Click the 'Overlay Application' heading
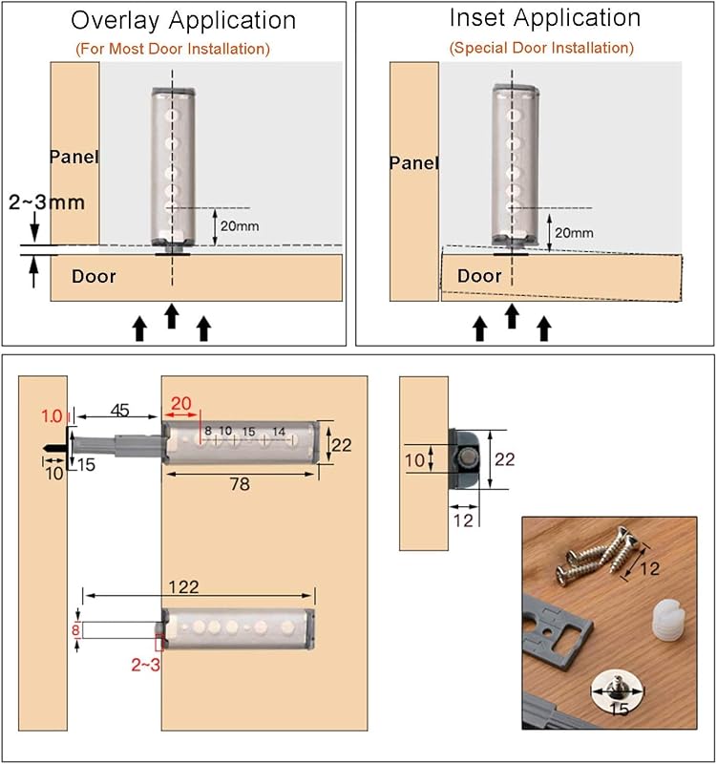pos(183,21)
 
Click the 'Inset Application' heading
pos(545,18)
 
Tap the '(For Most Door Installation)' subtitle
pos(173,49)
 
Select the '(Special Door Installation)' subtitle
pos(541,48)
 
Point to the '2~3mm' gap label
pos(47,202)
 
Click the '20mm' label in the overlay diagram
pos(240,226)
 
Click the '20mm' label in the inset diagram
pos(574,233)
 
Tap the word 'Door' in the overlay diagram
pos(94,277)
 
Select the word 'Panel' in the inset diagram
pos(414,162)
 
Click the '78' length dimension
pos(240,484)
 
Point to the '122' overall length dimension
pos(183,587)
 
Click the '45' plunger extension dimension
pos(119,411)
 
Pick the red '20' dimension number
pos(180,404)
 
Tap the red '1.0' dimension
pos(53,416)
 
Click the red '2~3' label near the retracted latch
pos(146,665)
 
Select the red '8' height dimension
pos(75,630)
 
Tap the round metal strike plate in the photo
pos(617,691)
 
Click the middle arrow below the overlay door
pos(171,316)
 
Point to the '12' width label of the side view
pos(463,520)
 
